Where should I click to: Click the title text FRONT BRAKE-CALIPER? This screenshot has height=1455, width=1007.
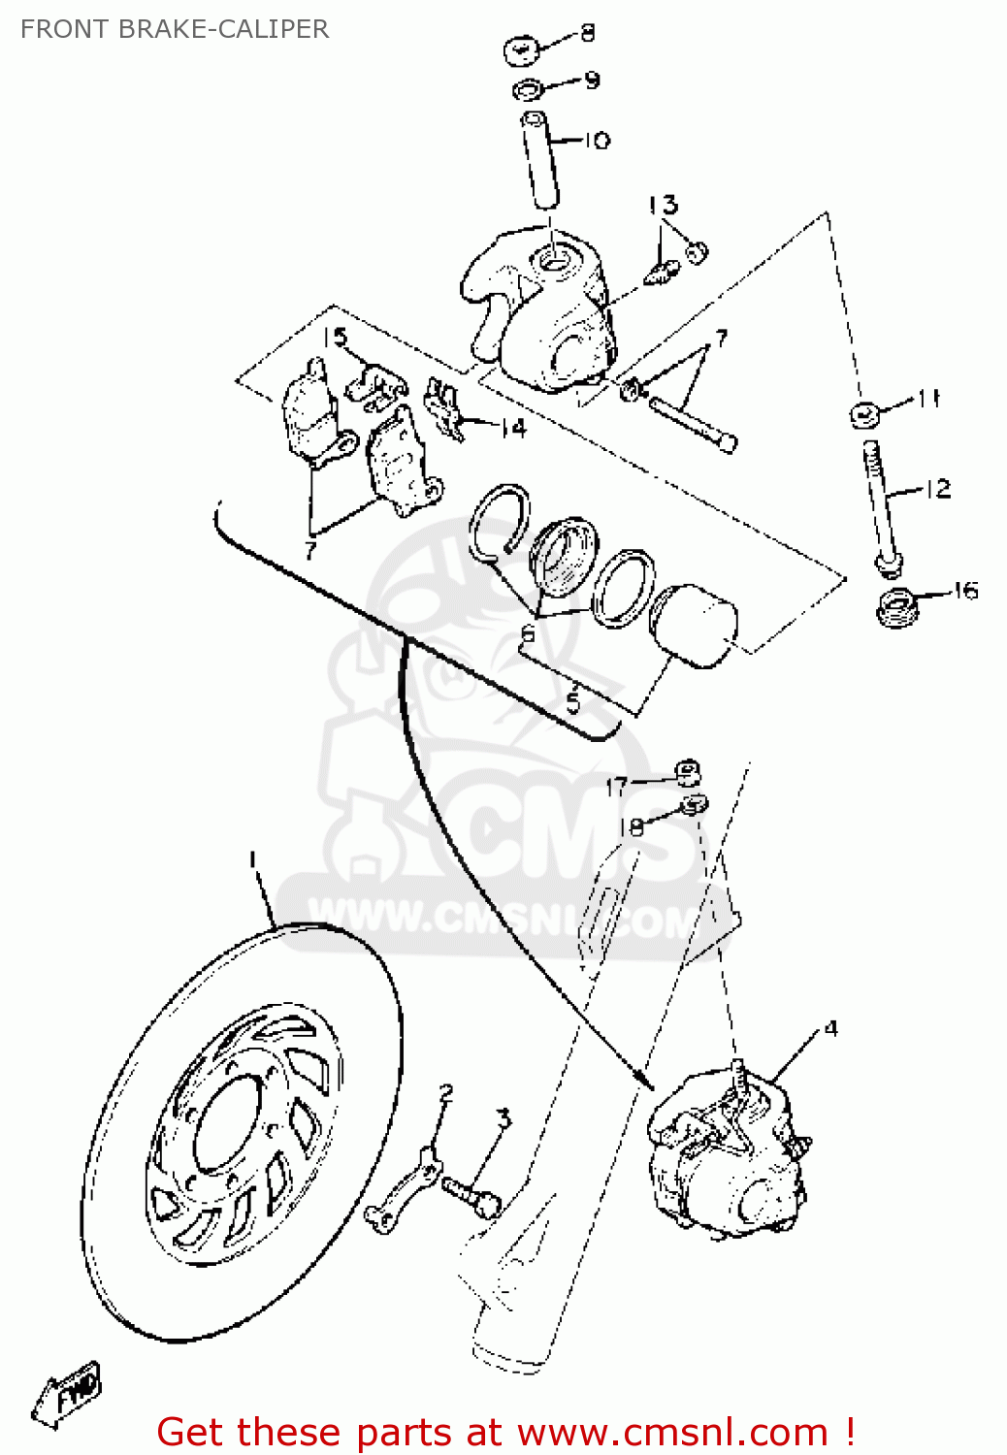pyautogui.click(x=175, y=29)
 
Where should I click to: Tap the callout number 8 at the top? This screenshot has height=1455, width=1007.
pyautogui.click(x=587, y=33)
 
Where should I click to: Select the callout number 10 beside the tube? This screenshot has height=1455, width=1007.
pyautogui.click(x=597, y=141)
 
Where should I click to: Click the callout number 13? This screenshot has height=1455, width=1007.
pyautogui.click(x=664, y=205)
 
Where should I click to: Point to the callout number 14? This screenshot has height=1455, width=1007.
pyautogui.click(x=513, y=428)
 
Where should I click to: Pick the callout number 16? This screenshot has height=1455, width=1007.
pyautogui.click(x=965, y=590)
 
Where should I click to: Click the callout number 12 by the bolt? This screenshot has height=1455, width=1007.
pyautogui.click(x=937, y=489)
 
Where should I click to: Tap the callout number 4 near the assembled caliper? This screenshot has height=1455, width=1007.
pyautogui.click(x=830, y=1028)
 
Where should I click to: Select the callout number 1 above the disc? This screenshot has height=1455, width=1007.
pyautogui.click(x=252, y=859)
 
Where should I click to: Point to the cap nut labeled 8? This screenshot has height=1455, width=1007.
pyautogui.click(x=521, y=49)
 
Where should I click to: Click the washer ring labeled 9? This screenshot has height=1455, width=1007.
pyautogui.click(x=528, y=91)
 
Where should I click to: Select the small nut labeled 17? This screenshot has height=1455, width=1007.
pyautogui.click(x=688, y=772)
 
